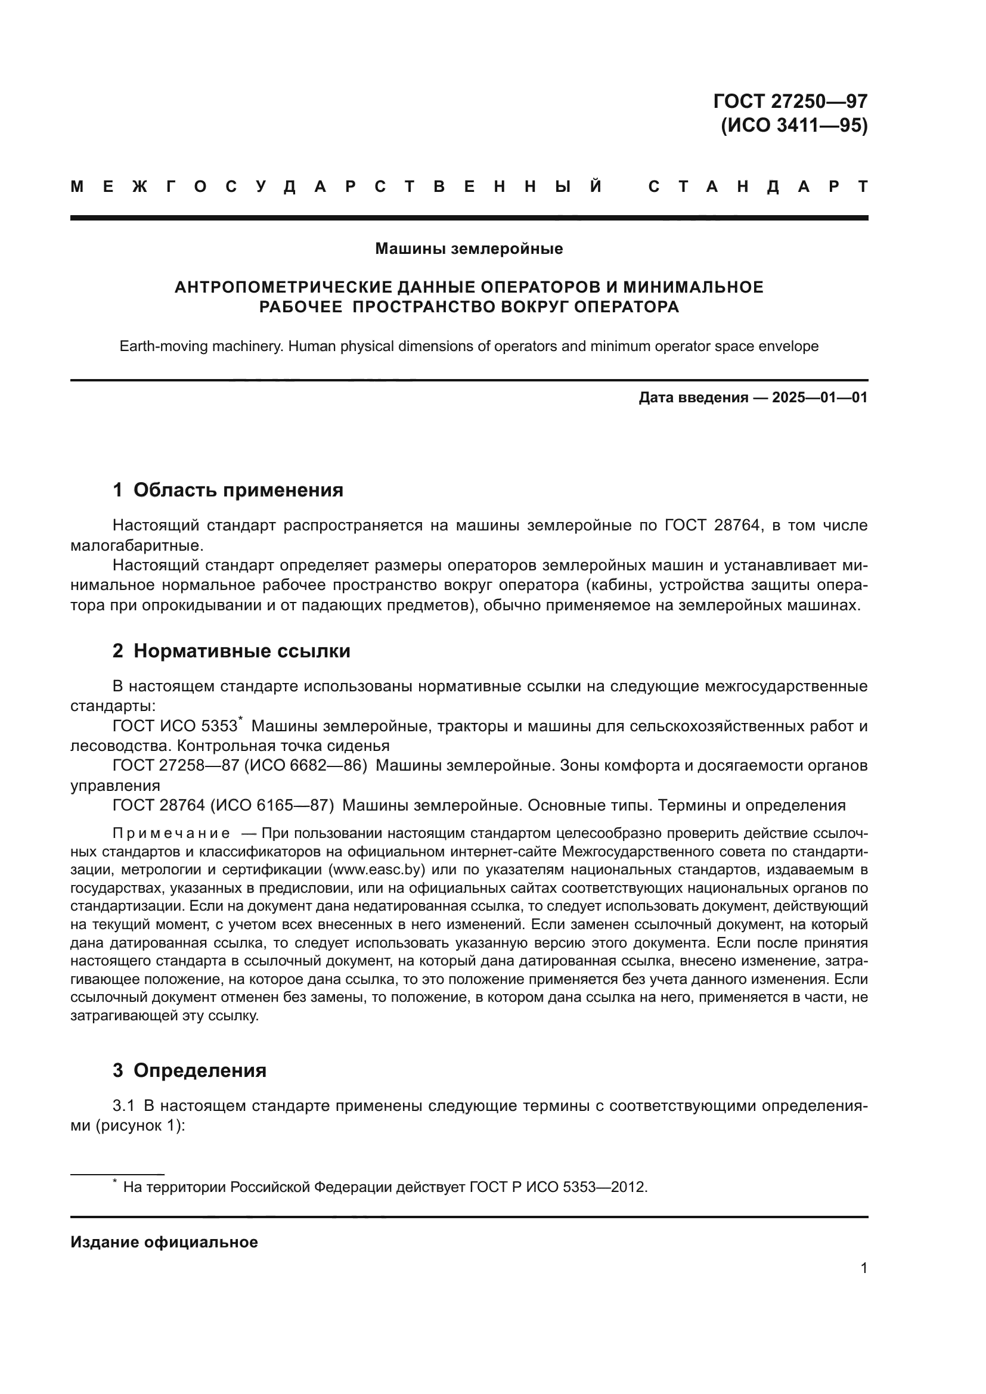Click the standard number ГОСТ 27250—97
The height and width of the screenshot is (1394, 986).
click(x=790, y=101)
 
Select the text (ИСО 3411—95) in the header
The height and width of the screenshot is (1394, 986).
click(x=793, y=126)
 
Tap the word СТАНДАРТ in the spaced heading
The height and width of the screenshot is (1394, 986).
click(x=758, y=187)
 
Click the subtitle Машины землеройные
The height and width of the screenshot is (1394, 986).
click(x=469, y=249)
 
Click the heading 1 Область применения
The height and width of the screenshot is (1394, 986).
click(x=228, y=490)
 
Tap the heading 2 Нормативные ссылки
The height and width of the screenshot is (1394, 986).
click(x=231, y=651)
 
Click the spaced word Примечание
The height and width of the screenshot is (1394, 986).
click(x=170, y=833)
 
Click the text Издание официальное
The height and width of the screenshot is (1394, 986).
click(x=164, y=1242)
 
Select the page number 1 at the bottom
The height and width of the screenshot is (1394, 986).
click(x=863, y=1268)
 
